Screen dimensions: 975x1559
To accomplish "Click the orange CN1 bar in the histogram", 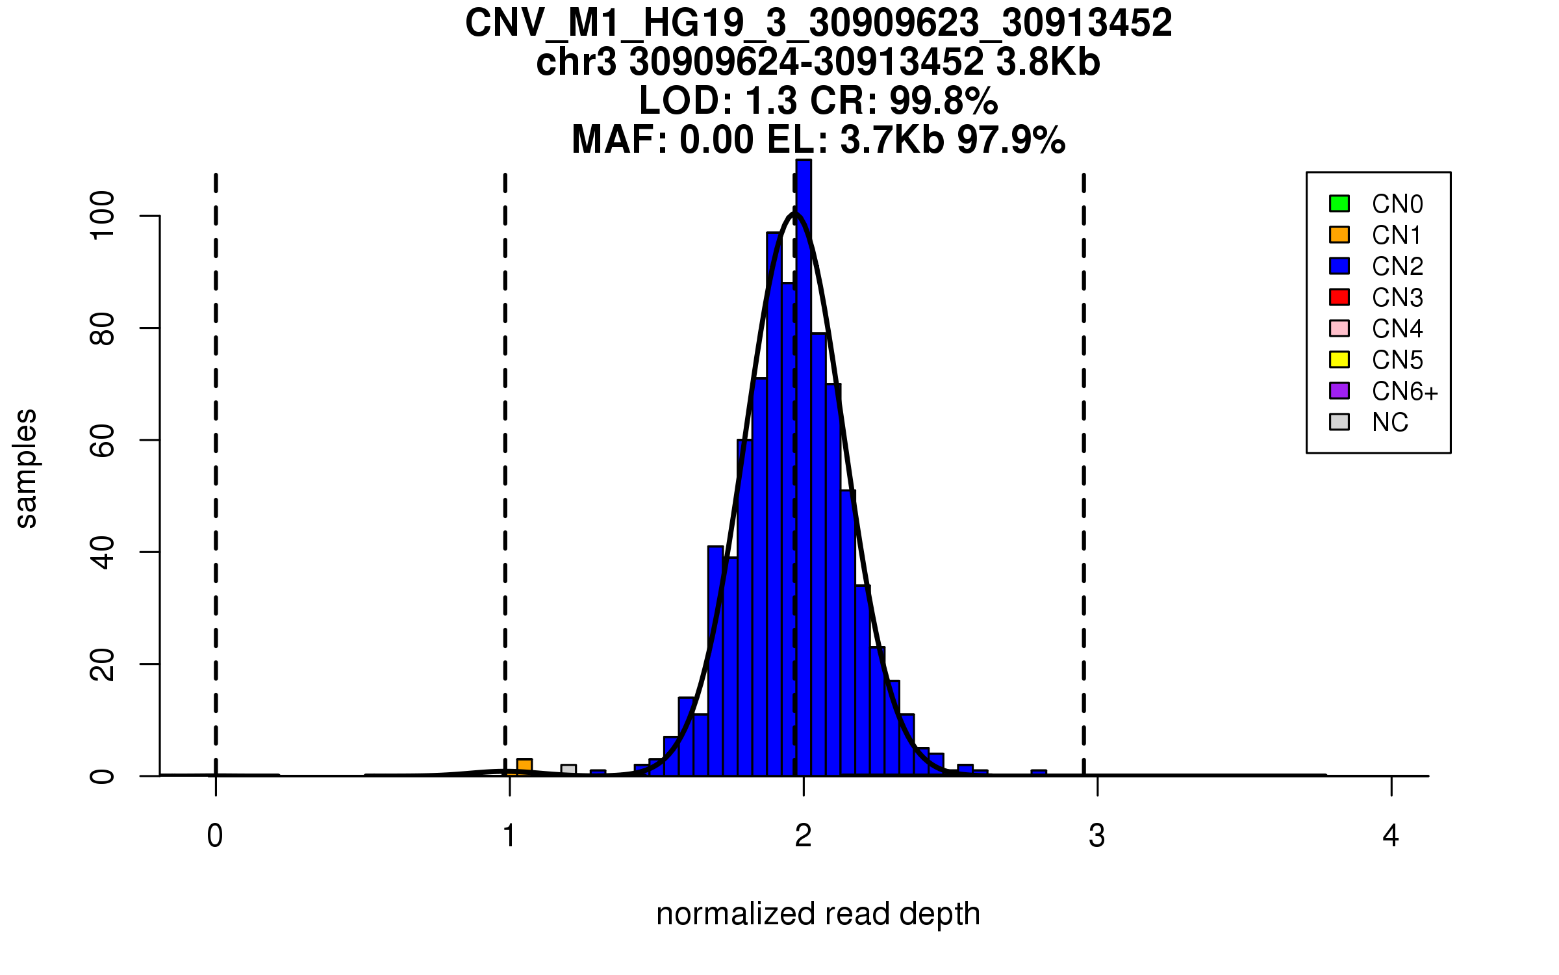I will click(x=524, y=767).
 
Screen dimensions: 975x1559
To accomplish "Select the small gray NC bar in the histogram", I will click(x=568, y=770).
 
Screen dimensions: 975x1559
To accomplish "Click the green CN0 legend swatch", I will click(x=1339, y=203).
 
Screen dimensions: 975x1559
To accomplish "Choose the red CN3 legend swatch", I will click(x=1339, y=297).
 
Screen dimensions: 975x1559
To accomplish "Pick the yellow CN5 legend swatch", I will click(x=1339, y=359).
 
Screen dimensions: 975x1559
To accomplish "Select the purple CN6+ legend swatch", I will click(x=1339, y=391).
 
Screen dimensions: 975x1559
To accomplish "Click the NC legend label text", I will click(x=1390, y=422).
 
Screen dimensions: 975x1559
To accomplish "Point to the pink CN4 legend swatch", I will click(x=1339, y=328).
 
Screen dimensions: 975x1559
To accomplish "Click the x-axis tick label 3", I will click(x=1097, y=836).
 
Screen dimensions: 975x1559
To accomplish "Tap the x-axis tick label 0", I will click(x=215, y=836).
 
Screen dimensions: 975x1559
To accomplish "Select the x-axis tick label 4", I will click(x=1391, y=836).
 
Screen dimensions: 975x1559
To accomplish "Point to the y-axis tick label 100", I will click(x=103, y=216).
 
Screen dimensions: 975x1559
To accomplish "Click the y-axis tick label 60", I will click(x=103, y=440).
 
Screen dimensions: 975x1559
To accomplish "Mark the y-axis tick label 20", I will click(x=103, y=664).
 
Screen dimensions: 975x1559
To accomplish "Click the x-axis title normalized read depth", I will click(x=818, y=914).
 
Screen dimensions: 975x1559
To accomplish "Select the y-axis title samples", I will click(x=26, y=468).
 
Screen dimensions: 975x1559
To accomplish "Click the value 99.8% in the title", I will click(x=943, y=101).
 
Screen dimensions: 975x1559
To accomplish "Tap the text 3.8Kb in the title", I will click(x=1048, y=62).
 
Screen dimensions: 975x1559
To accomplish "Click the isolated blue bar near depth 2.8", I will click(x=1039, y=773).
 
